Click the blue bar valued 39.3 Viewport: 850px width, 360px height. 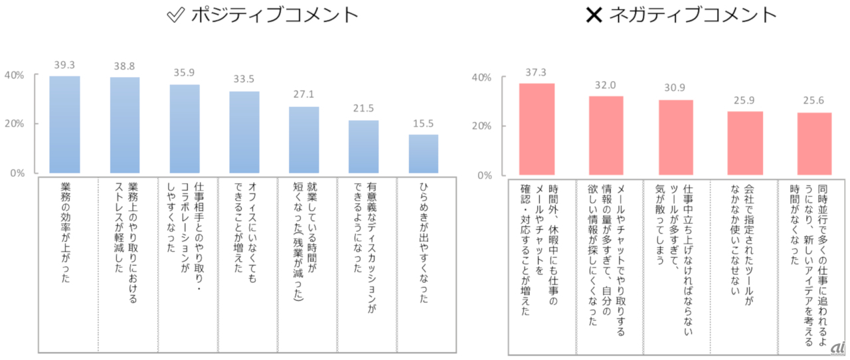pyautogui.click(x=64, y=124)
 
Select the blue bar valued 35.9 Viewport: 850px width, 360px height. pyautogui.click(x=185, y=128)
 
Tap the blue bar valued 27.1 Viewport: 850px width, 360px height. pyautogui.click(x=303, y=139)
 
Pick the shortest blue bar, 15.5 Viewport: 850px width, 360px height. pyautogui.click(x=423, y=153)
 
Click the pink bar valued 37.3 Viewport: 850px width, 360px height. pyautogui.click(x=537, y=129)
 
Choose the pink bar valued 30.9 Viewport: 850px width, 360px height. pyautogui.click(x=676, y=137)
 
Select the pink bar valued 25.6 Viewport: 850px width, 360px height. pyautogui.click(x=814, y=143)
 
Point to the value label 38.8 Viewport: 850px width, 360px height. pyautogui.click(x=124, y=66)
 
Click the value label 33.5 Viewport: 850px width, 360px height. pyautogui.click(x=244, y=79)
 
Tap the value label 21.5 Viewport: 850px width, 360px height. pyautogui.click(x=363, y=108)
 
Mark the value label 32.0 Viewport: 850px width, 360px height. pyautogui.click(x=606, y=85)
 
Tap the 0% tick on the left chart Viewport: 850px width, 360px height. pyautogui.click(x=16, y=173)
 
